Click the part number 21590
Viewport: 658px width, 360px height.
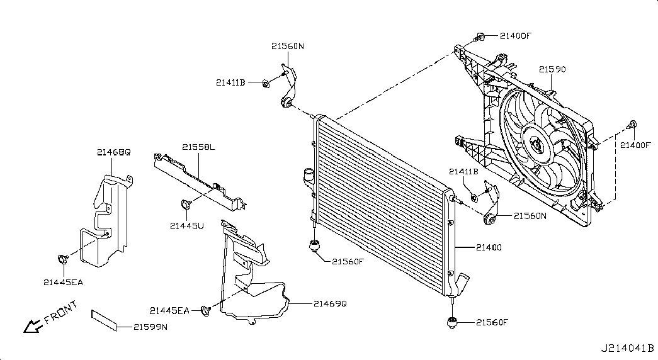[552, 69]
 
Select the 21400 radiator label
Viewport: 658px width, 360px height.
[489, 247]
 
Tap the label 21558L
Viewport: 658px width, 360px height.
[198, 147]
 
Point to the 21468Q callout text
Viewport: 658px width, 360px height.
[114, 152]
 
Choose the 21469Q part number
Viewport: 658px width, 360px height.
[330, 303]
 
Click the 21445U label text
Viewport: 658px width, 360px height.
[187, 226]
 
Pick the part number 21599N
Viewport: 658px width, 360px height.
[150, 327]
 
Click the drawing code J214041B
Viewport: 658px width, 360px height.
[627, 348]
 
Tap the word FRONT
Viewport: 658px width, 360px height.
[61, 312]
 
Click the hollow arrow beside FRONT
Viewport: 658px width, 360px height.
[32, 326]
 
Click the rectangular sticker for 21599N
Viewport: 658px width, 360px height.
[104, 320]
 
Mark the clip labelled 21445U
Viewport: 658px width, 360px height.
[186, 205]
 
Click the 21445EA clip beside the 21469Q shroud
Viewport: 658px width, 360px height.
[205, 311]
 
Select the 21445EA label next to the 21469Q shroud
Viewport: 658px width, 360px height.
[169, 311]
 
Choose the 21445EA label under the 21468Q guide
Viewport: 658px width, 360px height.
[64, 283]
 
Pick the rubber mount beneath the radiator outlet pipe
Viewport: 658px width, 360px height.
[451, 322]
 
